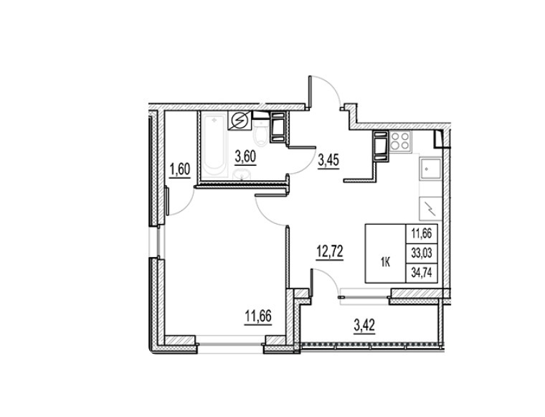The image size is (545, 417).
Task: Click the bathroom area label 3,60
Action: tap(245, 157)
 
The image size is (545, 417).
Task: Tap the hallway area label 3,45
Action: tap(328, 161)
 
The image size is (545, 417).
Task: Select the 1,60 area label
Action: tap(180, 170)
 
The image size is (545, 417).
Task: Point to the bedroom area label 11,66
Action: tap(258, 317)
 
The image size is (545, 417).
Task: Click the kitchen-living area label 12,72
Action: tap(329, 251)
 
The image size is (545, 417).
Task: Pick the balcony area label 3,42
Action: tap(364, 326)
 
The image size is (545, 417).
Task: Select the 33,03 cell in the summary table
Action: tap(422, 253)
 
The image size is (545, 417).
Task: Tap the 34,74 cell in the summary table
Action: tap(422, 273)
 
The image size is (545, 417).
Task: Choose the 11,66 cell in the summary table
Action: tap(422, 234)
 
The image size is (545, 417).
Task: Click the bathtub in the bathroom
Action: tap(214, 146)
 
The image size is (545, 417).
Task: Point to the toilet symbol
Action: tap(260, 135)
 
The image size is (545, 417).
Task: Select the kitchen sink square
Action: tap(430, 169)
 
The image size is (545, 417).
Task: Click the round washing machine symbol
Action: tap(240, 121)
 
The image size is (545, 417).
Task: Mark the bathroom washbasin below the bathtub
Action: tap(242, 174)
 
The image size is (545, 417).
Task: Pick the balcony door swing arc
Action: tap(330, 277)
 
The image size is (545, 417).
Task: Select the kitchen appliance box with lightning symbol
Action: tap(430, 208)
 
